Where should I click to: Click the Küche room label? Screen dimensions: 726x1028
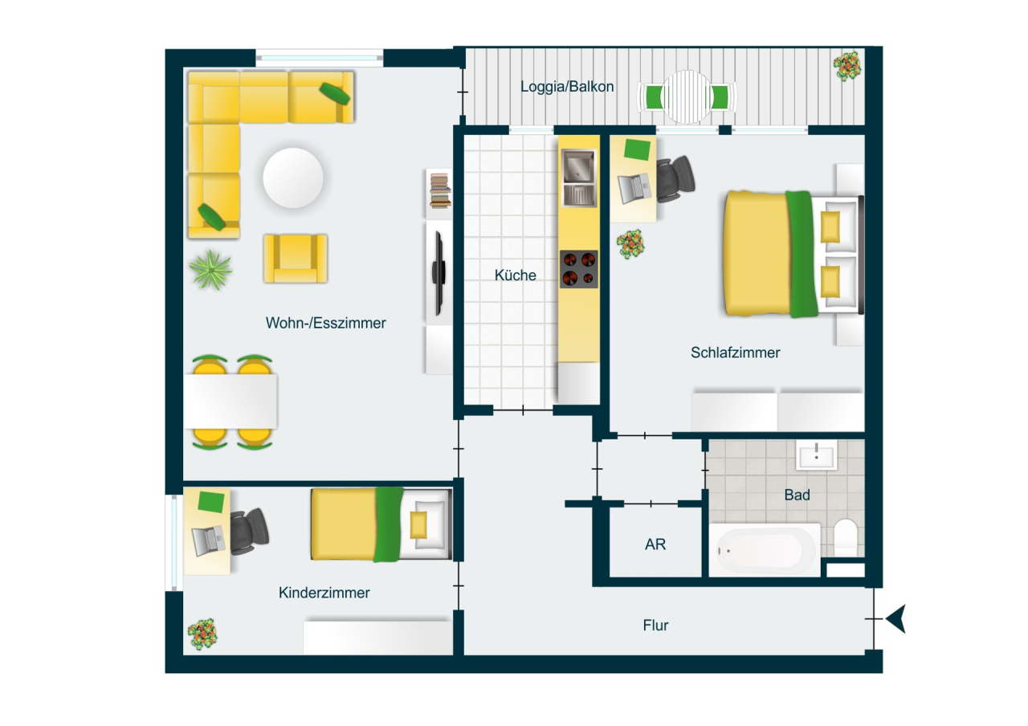515,275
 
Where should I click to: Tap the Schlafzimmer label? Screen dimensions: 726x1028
735,353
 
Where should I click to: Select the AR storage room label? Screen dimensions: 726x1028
655,544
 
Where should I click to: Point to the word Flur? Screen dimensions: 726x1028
655,626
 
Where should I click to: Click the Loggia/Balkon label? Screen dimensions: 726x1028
567,87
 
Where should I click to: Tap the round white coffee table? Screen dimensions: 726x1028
294,177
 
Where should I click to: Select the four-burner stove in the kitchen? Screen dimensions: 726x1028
579,268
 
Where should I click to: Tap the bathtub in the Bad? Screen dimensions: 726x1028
764,551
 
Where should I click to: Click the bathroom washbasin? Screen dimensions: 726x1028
816,455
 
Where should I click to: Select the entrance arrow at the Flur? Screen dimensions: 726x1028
896,619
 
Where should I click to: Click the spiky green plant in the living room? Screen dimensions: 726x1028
211,270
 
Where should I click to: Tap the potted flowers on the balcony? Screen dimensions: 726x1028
847,66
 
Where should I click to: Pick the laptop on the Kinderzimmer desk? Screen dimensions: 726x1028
208,540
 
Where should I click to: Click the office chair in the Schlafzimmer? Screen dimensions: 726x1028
677,175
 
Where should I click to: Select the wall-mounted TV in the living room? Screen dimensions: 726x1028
439,273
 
